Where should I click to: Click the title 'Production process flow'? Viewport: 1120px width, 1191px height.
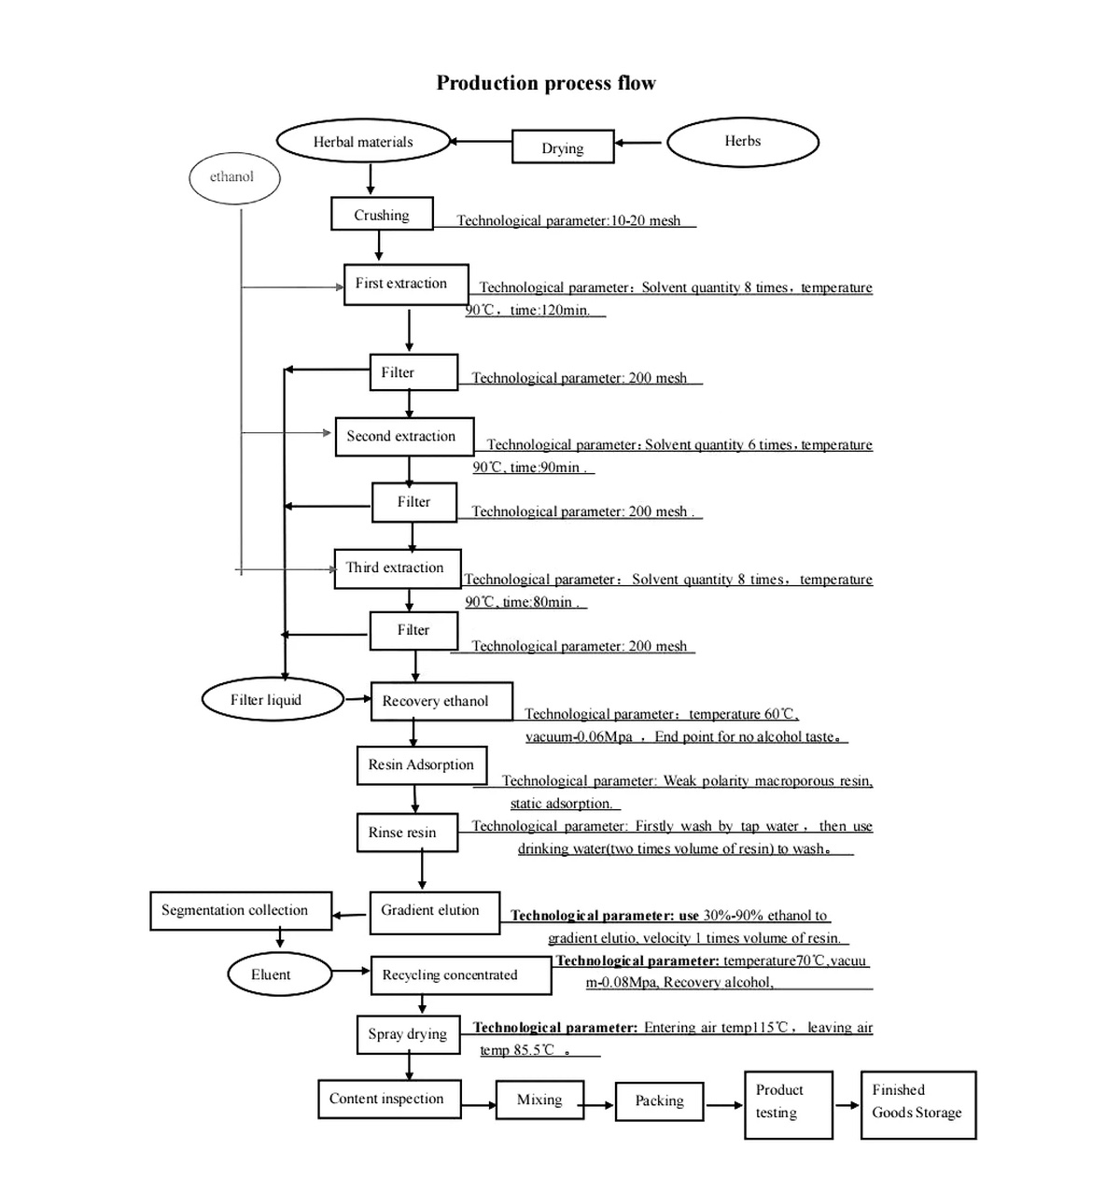point(546,83)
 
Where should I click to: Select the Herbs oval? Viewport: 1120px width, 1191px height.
point(743,142)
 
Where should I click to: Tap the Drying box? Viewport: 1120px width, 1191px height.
point(563,147)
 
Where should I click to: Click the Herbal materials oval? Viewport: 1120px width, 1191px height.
point(363,142)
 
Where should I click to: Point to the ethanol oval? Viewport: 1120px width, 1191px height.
point(233,177)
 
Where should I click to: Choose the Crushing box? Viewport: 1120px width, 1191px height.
point(382,215)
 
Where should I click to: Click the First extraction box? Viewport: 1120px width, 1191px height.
point(405,284)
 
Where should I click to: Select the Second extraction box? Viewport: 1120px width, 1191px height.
point(404,437)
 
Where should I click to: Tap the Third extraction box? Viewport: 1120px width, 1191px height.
point(397,568)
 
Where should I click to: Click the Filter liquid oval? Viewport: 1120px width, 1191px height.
point(272,700)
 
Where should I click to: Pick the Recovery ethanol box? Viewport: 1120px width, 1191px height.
point(441,701)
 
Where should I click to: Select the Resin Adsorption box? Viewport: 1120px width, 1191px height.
point(421,765)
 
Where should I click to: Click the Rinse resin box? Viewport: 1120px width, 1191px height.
point(407,833)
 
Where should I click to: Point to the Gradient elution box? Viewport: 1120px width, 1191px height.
point(433,911)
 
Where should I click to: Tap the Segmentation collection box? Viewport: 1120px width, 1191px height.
point(240,911)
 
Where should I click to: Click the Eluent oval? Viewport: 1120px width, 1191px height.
point(278,974)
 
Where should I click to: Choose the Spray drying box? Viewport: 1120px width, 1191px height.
point(408,1034)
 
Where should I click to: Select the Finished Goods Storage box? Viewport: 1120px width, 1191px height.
point(917,1104)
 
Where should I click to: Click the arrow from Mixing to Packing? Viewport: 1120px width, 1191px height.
point(599,1105)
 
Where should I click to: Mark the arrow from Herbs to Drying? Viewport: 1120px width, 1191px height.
point(638,143)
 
